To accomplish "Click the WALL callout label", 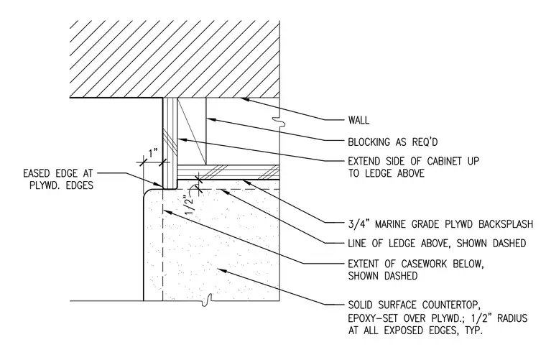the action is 358,121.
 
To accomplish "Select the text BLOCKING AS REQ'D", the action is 393,142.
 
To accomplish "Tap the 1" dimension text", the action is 153,153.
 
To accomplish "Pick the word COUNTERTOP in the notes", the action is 451,305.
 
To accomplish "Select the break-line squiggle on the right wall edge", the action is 280,121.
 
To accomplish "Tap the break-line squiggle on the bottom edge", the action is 208,300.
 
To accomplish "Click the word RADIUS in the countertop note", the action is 512,318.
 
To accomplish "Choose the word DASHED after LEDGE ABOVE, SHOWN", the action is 509,244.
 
